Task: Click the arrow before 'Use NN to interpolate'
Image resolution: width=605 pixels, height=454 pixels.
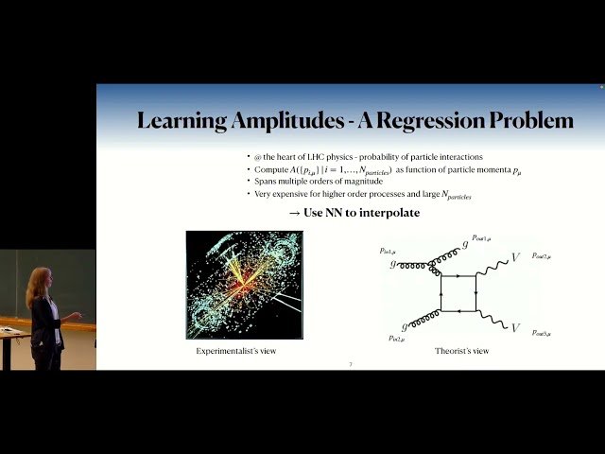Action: (x=294, y=213)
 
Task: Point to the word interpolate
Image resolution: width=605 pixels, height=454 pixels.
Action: (x=384, y=213)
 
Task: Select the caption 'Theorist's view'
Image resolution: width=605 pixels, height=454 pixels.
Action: (x=461, y=351)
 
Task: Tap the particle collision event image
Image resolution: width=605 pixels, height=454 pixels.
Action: (x=244, y=285)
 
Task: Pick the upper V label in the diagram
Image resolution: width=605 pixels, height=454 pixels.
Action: (x=515, y=256)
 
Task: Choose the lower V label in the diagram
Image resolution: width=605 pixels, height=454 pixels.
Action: (x=515, y=328)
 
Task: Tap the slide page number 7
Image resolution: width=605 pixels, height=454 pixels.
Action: (x=351, y=365)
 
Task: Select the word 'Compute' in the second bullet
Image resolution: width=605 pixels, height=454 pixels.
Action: (x=270, y=168)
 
